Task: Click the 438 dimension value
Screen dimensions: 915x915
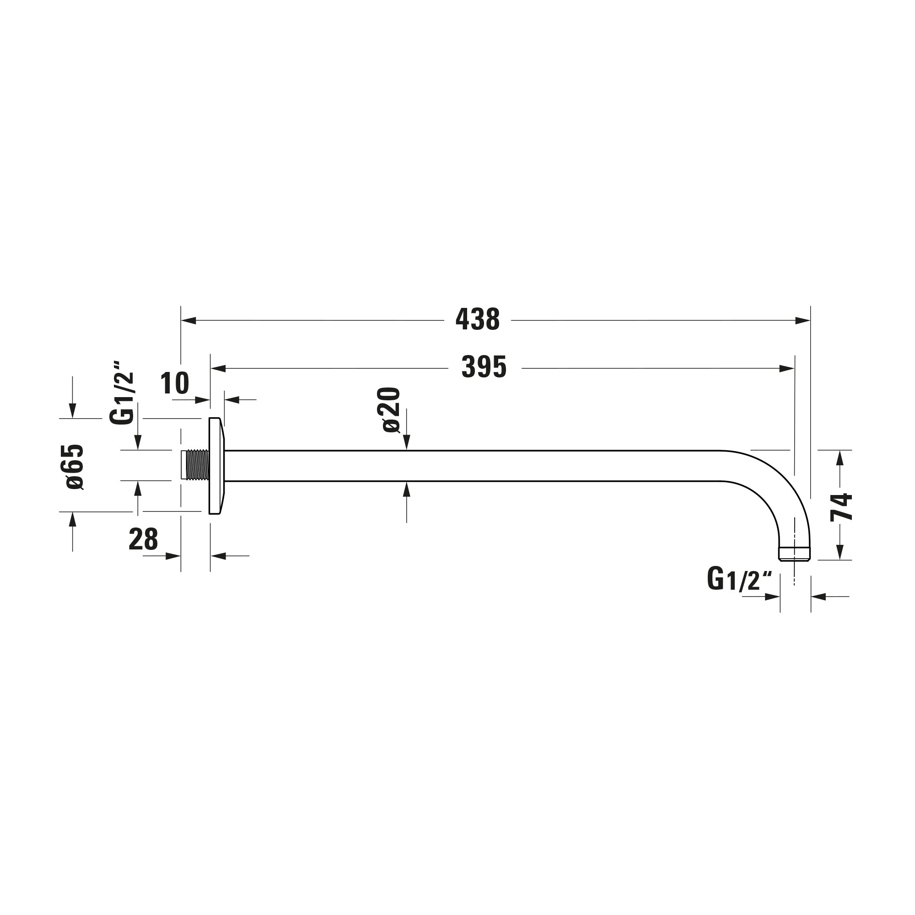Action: point(477,320)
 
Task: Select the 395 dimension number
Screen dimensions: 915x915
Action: point(484,367)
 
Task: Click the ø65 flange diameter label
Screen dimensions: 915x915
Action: point(75,467)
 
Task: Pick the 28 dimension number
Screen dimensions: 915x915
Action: point(143,539)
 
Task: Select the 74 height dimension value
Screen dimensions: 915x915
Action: point(841,507)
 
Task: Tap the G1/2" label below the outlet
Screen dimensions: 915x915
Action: point(739,579)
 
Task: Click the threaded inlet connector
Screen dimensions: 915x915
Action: point(196,465)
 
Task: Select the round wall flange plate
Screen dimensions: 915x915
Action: point(215,465)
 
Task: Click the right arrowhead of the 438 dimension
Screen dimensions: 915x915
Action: point(802,321)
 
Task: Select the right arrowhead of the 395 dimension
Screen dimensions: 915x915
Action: point(786,368)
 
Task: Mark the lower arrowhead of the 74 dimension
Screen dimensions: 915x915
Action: point(840,552)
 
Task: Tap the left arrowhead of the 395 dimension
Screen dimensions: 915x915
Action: point(218,368)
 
